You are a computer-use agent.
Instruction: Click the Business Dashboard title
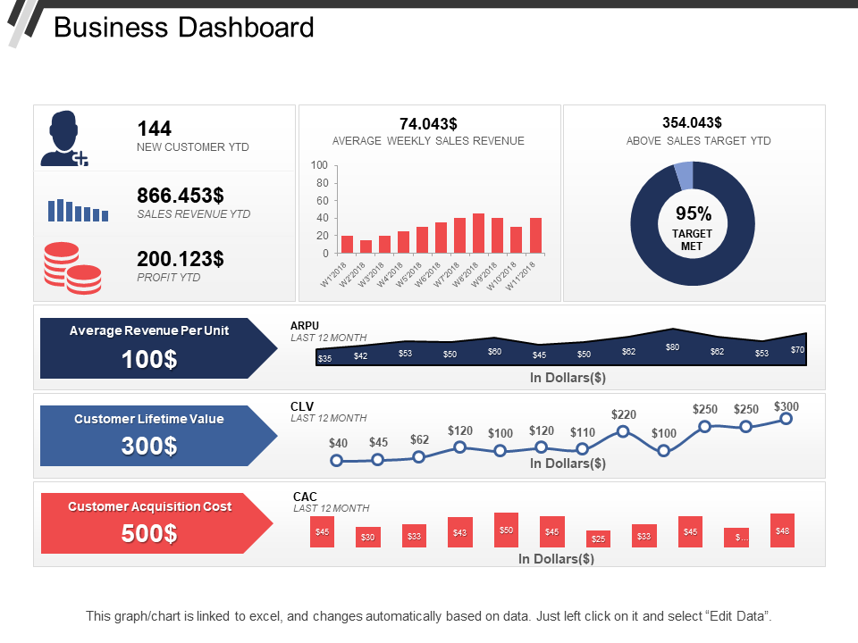tap(184, 27)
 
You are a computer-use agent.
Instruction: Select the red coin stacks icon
tap(72, 268)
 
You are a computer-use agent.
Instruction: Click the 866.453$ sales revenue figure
tap(181, 196)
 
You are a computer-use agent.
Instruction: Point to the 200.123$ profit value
tap(181, 259)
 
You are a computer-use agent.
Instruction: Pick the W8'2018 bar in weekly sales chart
tap(479, 233)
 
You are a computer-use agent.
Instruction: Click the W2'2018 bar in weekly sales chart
tap(366, 246)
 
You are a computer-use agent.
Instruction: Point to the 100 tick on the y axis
tap(319, 165)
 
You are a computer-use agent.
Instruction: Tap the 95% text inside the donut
tap(694, 214)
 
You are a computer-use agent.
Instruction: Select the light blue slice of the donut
tap(684, 175)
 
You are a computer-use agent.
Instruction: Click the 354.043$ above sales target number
tap(692, 122)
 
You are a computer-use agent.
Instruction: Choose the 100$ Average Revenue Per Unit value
tap(149, 360)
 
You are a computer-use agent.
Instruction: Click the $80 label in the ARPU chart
tap(673, 347)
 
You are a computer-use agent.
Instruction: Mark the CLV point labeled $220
tap(623, 431)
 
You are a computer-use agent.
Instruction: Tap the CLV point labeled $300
tap(786, 418)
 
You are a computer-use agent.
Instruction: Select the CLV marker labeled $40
tap(337, 461)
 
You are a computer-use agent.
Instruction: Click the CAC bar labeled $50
tap(506, 530)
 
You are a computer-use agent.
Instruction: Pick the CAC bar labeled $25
tap(599, 539)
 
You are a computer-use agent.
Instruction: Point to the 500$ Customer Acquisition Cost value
tap(149, 534)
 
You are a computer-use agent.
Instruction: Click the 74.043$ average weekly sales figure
tap(428, 123)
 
